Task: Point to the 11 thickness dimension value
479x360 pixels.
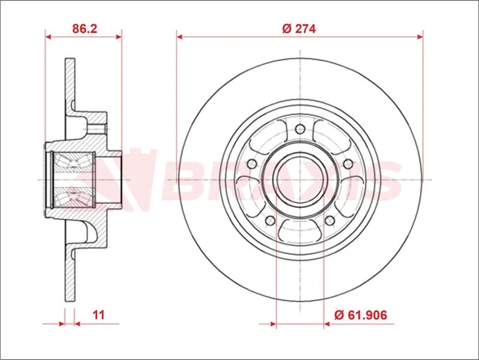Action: coord(98,315)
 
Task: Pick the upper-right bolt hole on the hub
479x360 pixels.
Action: coord(348,164)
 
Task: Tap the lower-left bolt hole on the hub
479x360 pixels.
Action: coord(270,220)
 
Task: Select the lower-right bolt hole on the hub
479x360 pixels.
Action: coord(329,220)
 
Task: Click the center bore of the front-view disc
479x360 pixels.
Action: coord(300,179)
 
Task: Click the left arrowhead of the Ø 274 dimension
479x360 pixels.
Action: coord(180,36)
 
